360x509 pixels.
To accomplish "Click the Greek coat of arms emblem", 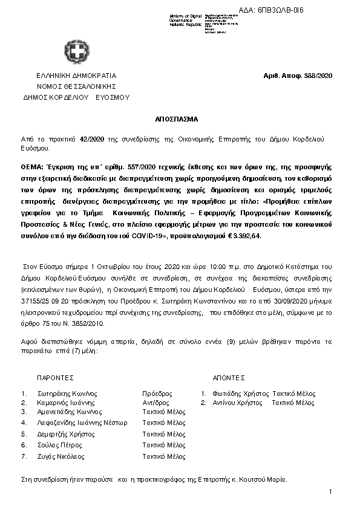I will (x=76, y=53).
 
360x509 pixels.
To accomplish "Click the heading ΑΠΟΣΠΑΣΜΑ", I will (x=180, y=120).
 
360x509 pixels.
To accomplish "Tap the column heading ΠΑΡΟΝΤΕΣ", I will (x=55, y=377).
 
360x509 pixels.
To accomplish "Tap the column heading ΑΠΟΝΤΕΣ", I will (x=229, y=377).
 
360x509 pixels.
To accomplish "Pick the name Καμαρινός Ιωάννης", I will (x=67, y=402).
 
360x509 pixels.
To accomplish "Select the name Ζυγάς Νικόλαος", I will (x=62, y=456).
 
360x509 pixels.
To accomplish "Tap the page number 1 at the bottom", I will (x=330, y=492).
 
